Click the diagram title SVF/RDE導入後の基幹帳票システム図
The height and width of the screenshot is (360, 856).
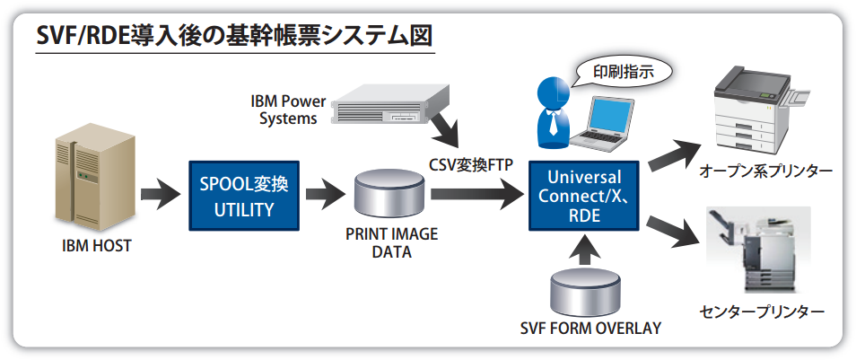tap(235, 37)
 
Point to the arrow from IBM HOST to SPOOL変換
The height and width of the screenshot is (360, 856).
tap(160, 192)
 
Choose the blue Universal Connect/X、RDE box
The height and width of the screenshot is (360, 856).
tap(583, 196)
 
